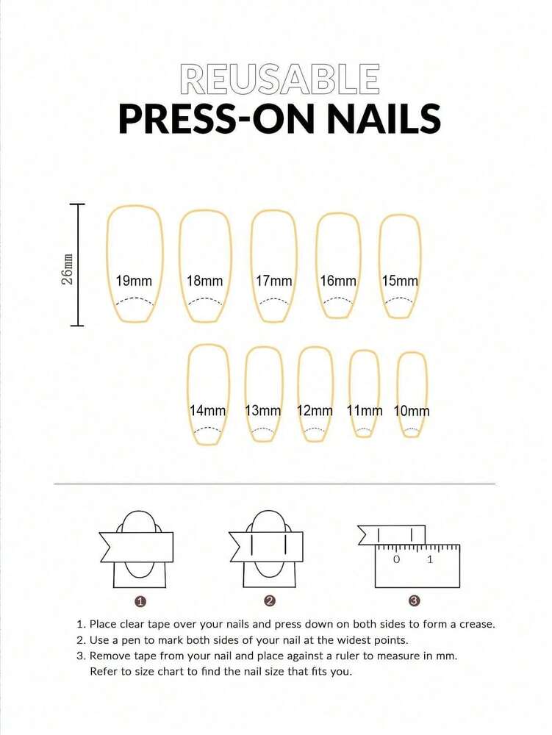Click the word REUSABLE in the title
(x=280, y=79)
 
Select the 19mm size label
(x=134, y=281)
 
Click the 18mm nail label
(x=204, y=281)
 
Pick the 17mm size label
(x=273, y=281)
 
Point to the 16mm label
(x=338, y=281)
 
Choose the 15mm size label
(x=400, y=281)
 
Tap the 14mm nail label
(x=207, y=411)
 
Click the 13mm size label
(x=263, y=411)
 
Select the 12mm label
(x=315, y=411)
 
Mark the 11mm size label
(x=365, y=411)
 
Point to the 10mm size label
(x=412, y=411)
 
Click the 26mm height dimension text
(x=68, y=270)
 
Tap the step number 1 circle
(x=141, y=601)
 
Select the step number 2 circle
(x=270, y=601)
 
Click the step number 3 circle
(x=414, y=601)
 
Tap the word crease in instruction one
(x=474, y=624)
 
